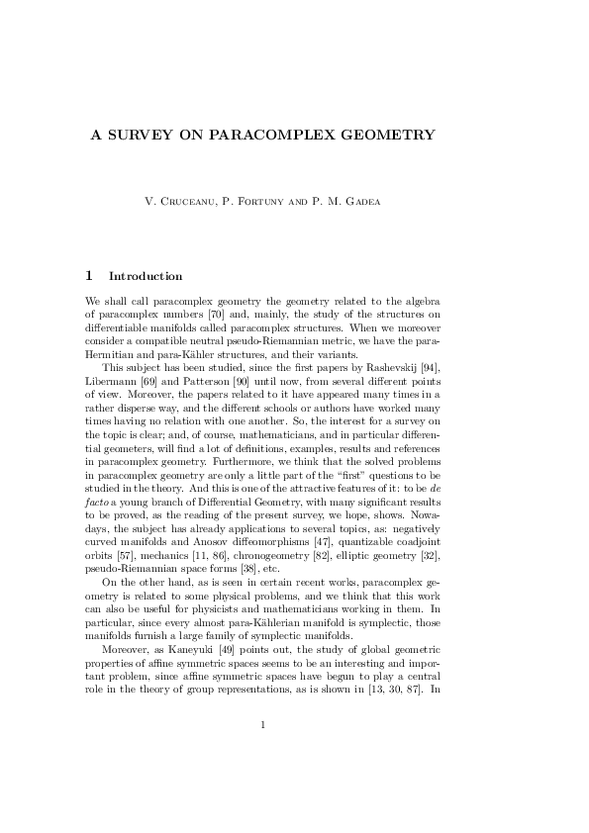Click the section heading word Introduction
(x=145, y=275)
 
